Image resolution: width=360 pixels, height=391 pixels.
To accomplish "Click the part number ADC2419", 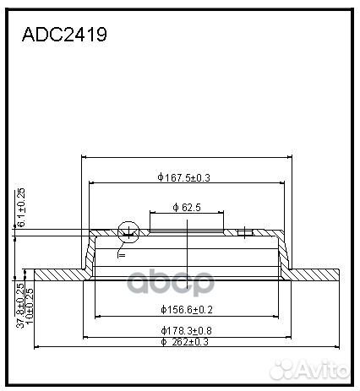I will click(x=63, y=38).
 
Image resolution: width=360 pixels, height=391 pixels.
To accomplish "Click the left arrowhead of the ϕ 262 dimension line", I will click(x=35, y=346).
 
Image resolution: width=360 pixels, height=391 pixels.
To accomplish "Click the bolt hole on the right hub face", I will click(x=243, y=231).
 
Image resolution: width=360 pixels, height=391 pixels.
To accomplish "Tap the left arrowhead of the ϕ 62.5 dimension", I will click(x=152, y=212).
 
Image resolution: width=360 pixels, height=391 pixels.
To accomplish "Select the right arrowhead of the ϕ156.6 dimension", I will click(x=274, y=317).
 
